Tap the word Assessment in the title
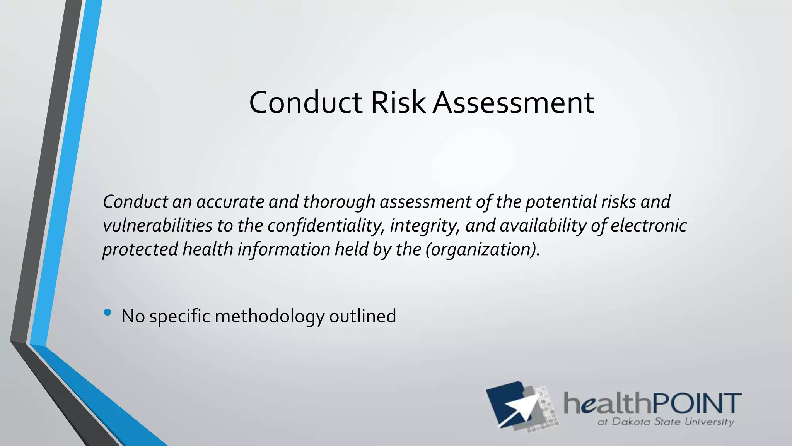click(513, 103)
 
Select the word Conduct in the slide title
click(306, 103)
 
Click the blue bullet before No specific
click(108, 312)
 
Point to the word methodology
click(269, 317)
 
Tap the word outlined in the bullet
click(362, 316)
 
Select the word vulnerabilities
click(157, 226)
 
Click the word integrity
click(424, 226)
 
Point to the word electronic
click(649, 226)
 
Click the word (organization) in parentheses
click(482, 249)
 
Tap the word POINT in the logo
click(697, 403)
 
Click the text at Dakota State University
click(666, 422)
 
